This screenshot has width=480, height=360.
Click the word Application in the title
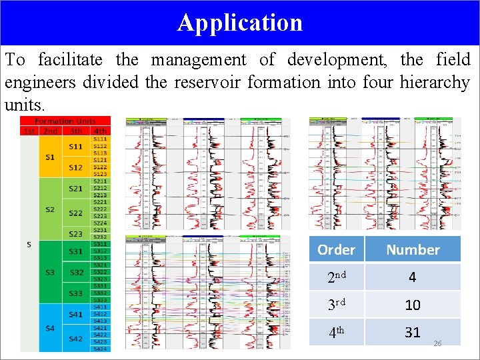click(240, 23)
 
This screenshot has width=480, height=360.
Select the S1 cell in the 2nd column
click(50, 157)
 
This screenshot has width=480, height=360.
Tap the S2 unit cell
click(50, 209)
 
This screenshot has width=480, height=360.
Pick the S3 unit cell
click(50, 273)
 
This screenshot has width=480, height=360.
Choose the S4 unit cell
click(50, 328)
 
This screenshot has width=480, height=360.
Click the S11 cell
click(76, 146)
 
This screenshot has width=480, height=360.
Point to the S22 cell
click(76, 213)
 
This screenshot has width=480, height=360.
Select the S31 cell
click(76, 251)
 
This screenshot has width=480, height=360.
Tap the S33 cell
click(76, 293)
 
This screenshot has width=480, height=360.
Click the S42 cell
click(76, 338)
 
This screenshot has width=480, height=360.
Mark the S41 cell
click(76, 313)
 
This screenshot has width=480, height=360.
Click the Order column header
click(336, 250)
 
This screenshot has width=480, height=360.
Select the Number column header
click(413, 250)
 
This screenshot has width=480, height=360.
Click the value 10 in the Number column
click(413, 305)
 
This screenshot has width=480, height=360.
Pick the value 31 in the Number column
click(413, 331)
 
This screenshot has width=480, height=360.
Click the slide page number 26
click(437, 343)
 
